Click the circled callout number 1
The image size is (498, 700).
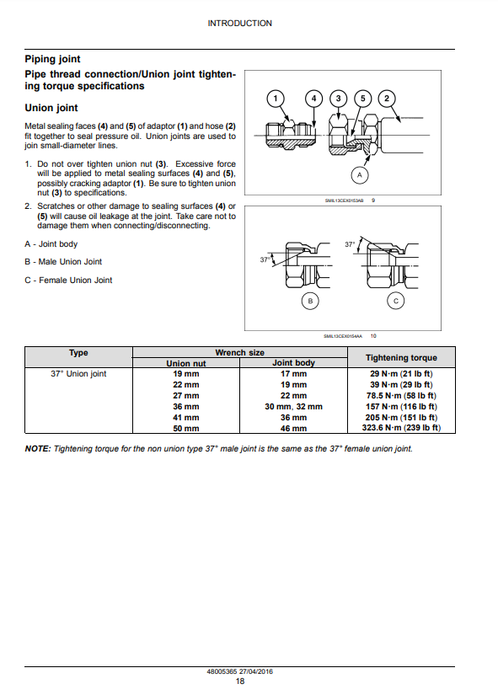pyautogui.click(x=276, y=99)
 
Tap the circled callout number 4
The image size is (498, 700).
pyautogui.click(x=313, y=99)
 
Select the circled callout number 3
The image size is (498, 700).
pyautogui.click(x=338, y=99)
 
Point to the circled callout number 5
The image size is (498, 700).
pyautogui.click(x=362, y=99)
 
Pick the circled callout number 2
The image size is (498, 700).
pyautogui.click(x=387, y=99)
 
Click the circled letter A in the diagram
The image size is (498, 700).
pyautogui.click(x=360, y=175)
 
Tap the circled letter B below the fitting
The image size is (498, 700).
pyautogui.click(x=310, y=301)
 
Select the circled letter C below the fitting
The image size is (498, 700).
pyautogui.click(x=395, y=301)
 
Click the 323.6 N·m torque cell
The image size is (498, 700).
pyautogui.click(x=401, y=428)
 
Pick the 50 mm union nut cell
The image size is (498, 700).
pyautogui.click(x=185, y=429)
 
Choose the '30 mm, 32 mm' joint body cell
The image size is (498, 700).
pyautogui.click(x=293, y=407)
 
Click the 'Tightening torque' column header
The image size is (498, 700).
pyautogui.click(x=401, y=358)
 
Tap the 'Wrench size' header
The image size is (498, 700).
pyautogui.click(x=240, y=353)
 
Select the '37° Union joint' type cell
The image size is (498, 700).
pyautogui.click(x=78, y=374)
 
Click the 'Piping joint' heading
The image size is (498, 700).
pyautogui.click(x=53, y=59)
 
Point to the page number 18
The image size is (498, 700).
pyautogui.click(x=240, y=681)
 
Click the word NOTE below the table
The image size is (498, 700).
pyautogui.click(x=38, y=449)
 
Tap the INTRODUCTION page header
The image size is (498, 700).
pyautogui.click(x=240, y=24)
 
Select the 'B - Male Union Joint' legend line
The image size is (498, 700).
pyautogui.click(x=63, y=262)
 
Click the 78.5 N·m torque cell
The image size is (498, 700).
pyautogui.click(x=401, y=396)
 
